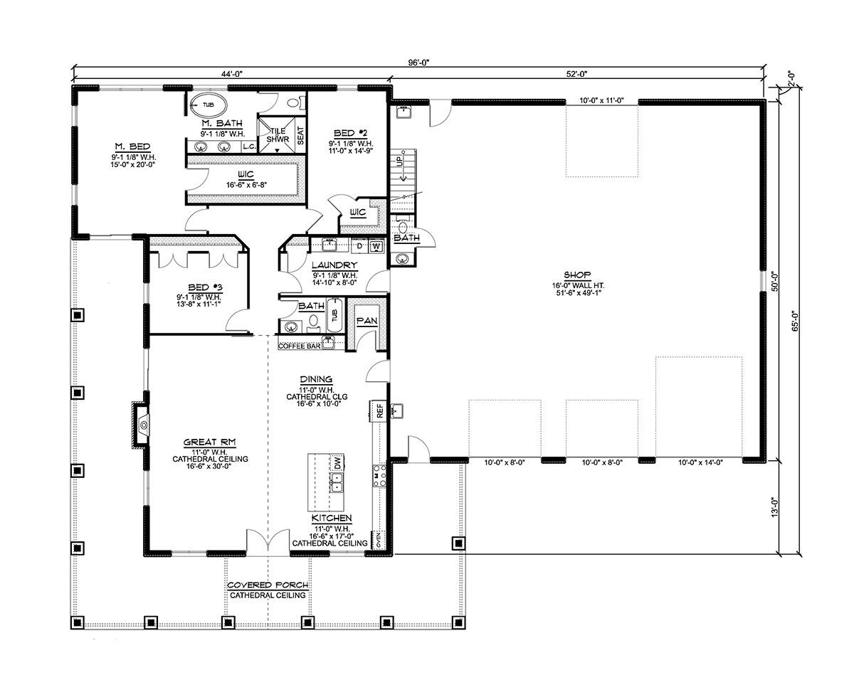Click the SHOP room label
click(x=577, y=275)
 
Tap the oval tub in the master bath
click(x=209, y=105)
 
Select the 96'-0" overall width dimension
click(x=418, y=63)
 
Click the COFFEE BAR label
click(x=299, y=346)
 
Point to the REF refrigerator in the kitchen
click(x=380, y=411)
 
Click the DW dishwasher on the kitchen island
click(x=337, y=462)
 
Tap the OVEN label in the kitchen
click(x=378, y=540)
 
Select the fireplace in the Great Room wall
click(x=141, y=425)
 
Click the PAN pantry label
click(x=367, y=321)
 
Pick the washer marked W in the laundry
click(x=376, y=247)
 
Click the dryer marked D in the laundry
click(x=359, y=246)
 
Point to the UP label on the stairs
click(x=399, y=160)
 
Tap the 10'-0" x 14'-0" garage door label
click(x=700, y=462)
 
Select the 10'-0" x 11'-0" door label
click(x=601, y=101)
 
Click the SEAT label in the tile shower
click(x=300, y=136)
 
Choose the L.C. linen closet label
click(x=249, y=147)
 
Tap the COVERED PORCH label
click(x=268, y=585)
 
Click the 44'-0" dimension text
click(x=232, y=74)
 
